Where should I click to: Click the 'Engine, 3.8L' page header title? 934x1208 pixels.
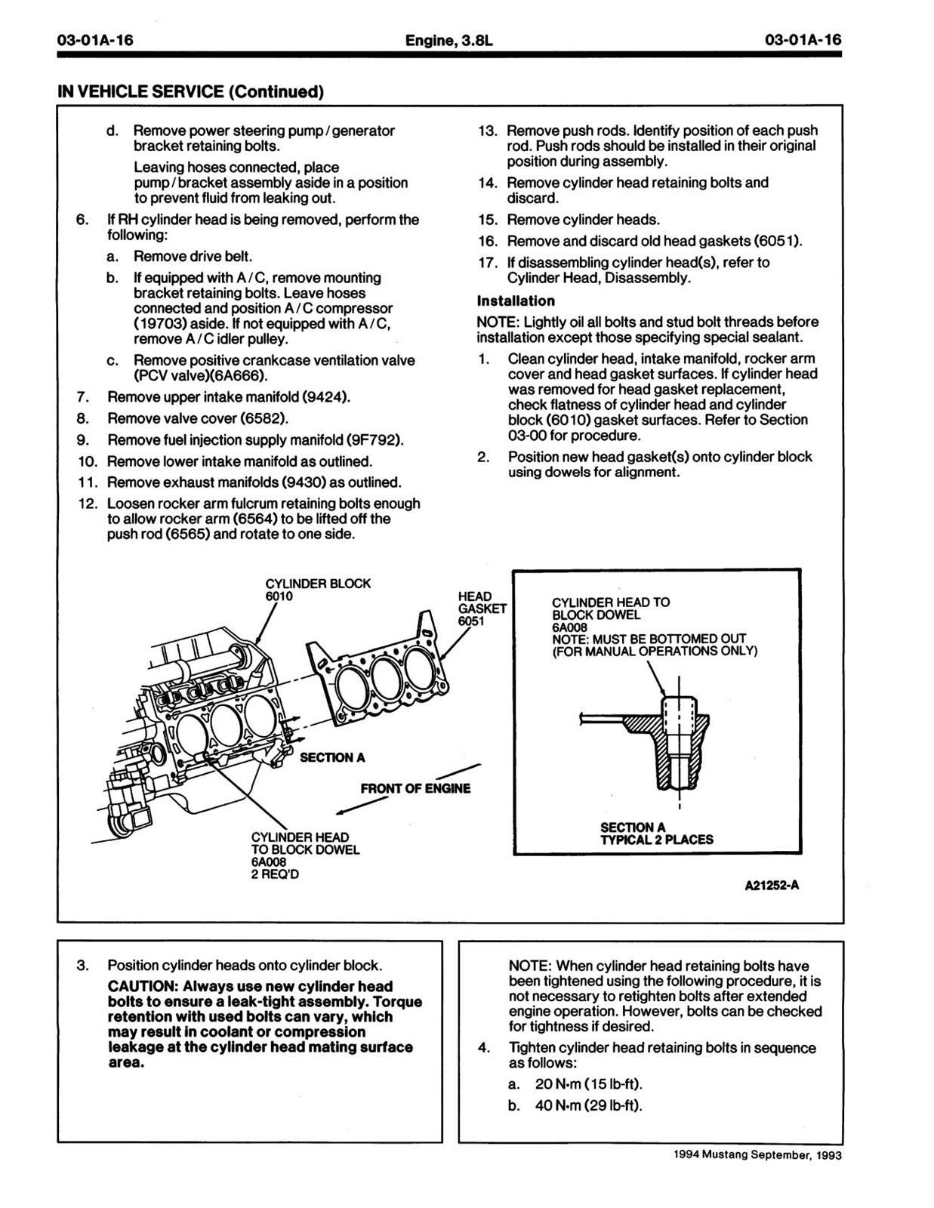coord(449,40)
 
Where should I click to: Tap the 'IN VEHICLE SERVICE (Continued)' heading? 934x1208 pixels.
coord(190,91)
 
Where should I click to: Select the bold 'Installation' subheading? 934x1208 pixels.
coord(516,300)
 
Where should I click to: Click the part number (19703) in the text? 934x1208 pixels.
coord(159,324)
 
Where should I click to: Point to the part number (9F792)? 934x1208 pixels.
coord(375,439)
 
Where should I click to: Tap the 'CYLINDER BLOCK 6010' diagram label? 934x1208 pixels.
coord(317,590)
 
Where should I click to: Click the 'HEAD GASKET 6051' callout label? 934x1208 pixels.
coord(482,609)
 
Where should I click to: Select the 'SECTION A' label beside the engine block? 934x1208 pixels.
coord(332,758)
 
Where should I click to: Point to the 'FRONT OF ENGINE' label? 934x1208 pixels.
coord(415,788)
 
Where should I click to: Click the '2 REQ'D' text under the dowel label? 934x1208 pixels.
coord(275,874)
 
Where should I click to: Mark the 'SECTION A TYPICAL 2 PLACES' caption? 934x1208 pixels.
coord(656,834)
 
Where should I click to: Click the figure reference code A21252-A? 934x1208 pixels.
coord(772,886)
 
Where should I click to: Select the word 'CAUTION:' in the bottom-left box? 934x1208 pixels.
coord(142,987)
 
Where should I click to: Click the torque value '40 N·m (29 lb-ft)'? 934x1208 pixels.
coord(589,1105)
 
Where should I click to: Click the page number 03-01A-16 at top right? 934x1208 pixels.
coord(803,40)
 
